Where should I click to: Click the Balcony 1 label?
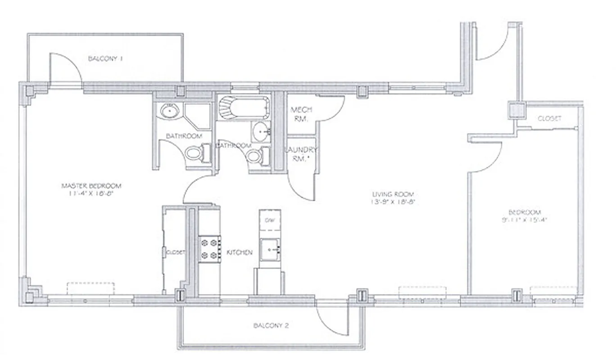105,58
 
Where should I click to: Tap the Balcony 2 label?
271,326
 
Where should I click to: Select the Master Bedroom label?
91,185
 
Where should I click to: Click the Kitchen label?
239,253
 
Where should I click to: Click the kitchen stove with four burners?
209,249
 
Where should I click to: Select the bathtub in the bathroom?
243,108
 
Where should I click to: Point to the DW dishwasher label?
270,220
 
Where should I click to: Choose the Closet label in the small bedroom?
550,119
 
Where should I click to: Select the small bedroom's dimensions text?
525,220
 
